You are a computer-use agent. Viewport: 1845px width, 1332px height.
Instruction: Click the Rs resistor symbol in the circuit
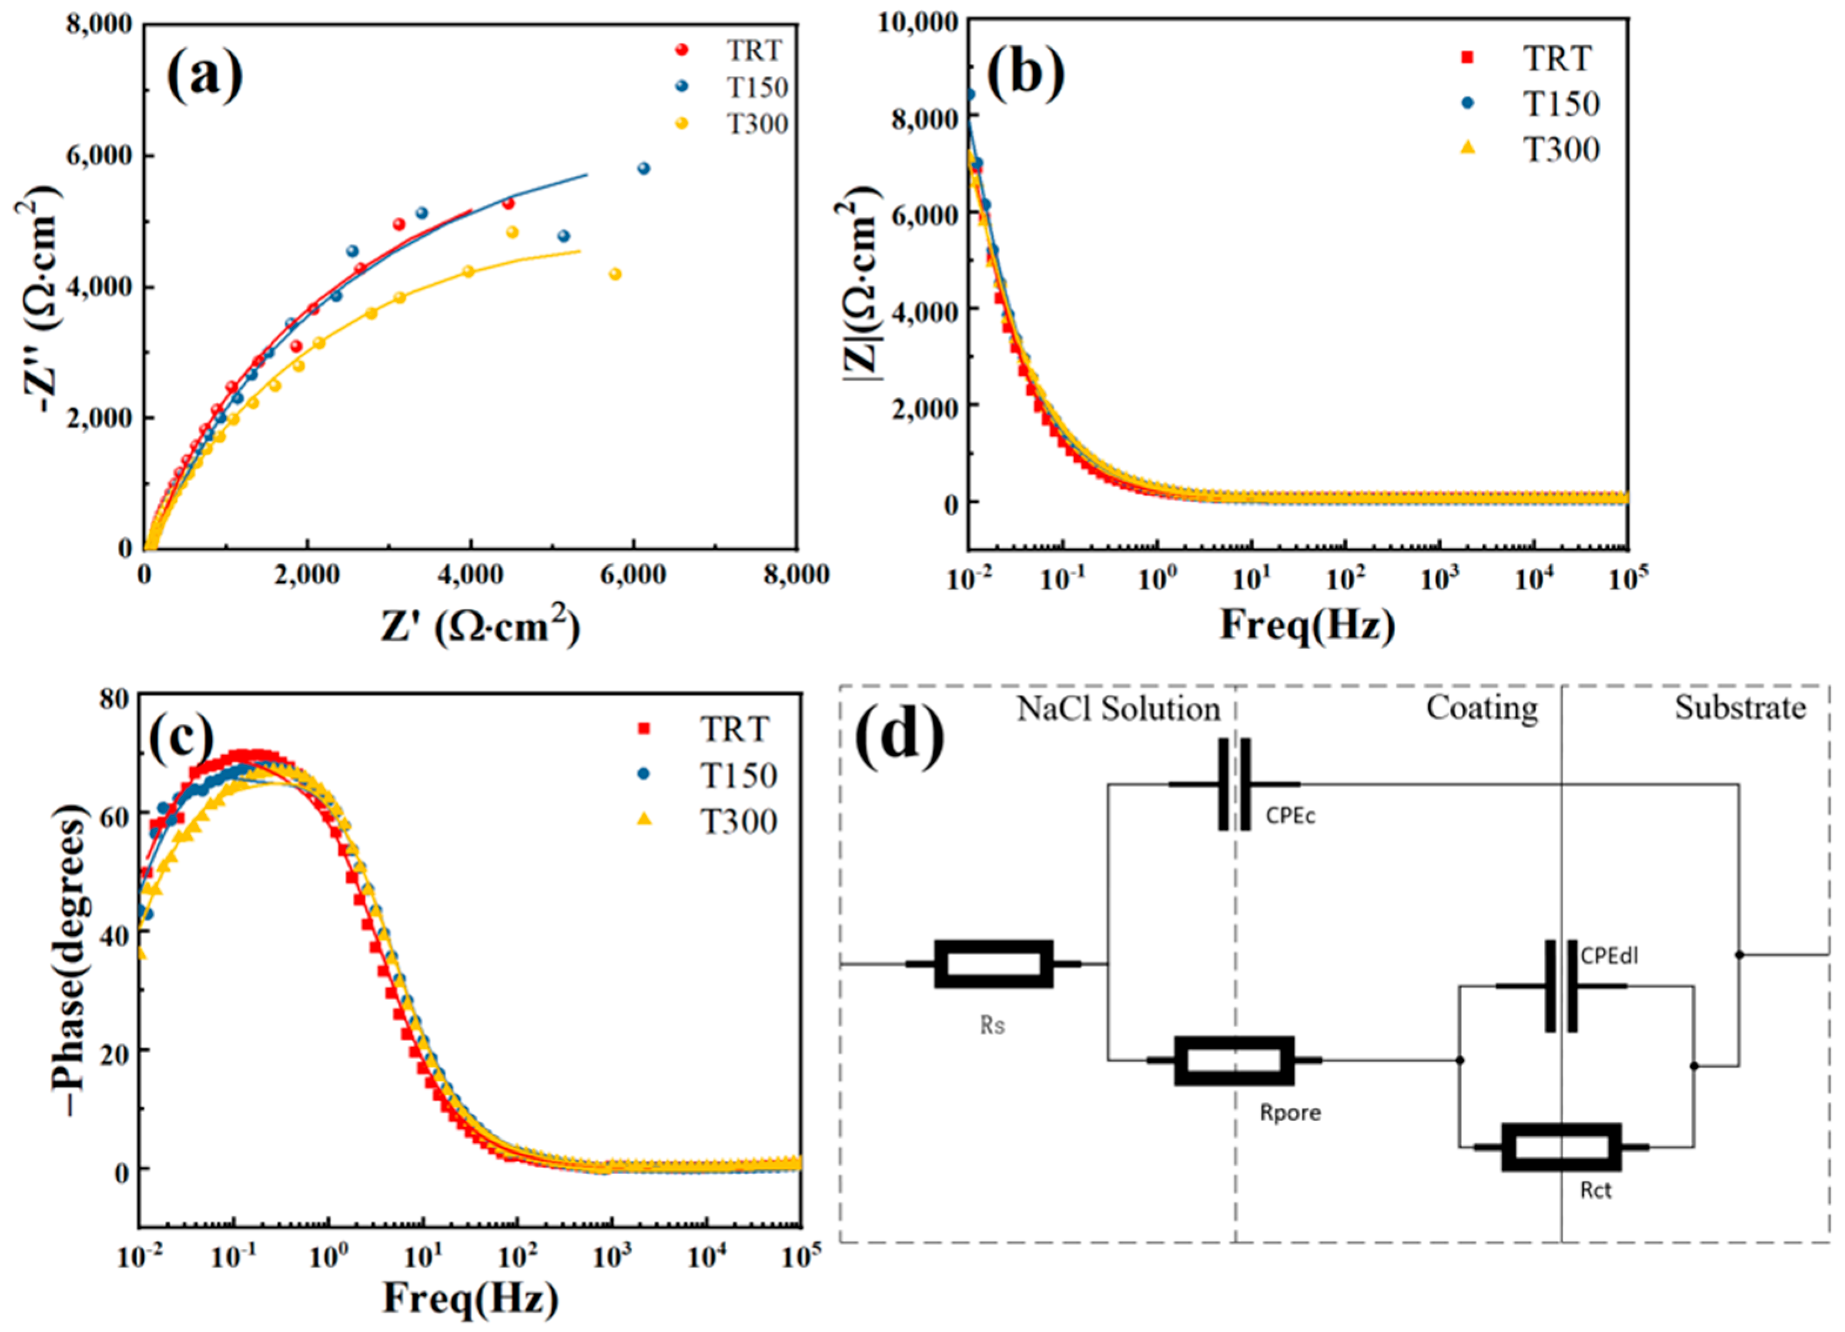[993, 963]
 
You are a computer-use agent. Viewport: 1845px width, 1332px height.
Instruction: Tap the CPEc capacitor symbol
[1233, 784]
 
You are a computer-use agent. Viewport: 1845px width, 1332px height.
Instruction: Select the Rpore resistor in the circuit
[1234, 1060]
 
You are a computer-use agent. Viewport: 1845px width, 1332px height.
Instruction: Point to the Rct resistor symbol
[1561, 1147]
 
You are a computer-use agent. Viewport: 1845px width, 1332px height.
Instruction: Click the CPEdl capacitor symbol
[1561, 986]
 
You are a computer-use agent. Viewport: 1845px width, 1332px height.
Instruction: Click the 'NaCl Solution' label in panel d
[1118, 709]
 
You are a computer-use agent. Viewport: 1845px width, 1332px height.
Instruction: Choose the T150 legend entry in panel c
[739, 775]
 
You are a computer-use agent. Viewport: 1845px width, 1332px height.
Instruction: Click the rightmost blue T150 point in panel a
[643, 169]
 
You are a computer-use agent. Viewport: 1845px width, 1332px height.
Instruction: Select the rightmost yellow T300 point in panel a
[615, 274]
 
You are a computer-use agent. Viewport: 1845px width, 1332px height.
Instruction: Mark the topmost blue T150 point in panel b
[969, 95]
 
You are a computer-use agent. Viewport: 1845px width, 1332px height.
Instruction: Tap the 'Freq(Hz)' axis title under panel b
[1307, 625]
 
